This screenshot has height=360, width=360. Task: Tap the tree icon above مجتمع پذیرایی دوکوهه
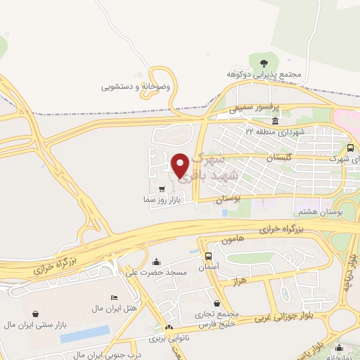pos(263,63)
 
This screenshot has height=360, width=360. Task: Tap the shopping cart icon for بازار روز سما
pos(163,188)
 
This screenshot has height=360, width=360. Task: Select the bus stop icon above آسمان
pos(209,256)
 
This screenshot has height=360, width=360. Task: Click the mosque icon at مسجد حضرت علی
pos(156,262)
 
